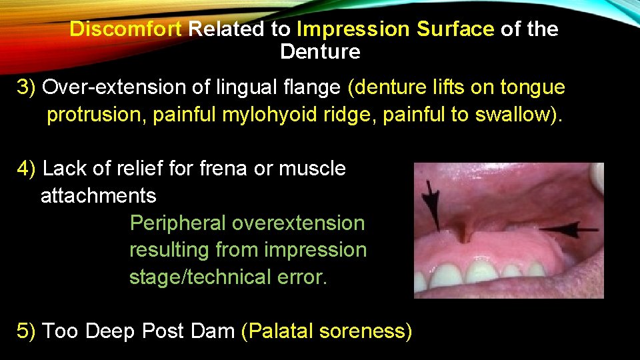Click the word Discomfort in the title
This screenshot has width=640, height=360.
pos(127,29)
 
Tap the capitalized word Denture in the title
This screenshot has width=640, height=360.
pos(320,51)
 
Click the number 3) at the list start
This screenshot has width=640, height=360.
pos(27,88)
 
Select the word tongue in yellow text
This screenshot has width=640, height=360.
pos(533,88)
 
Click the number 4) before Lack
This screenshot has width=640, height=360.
pos(27,169)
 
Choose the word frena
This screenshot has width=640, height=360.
pos(223,169)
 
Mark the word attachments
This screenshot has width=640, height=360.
pos(99,196)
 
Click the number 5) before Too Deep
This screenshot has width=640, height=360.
pos(27,331)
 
